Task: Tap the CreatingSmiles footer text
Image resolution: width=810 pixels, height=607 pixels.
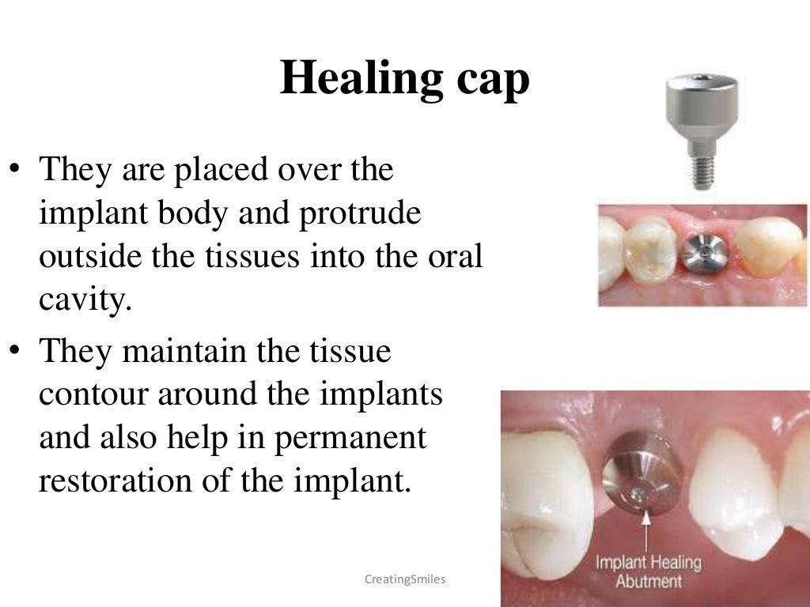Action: click(x=405, y=580)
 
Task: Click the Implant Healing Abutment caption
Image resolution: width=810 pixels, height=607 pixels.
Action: click(x=649, y=573)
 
